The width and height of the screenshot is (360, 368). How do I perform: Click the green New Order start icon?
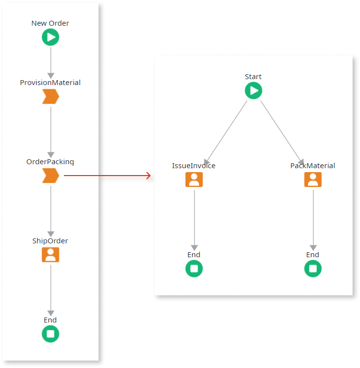50,37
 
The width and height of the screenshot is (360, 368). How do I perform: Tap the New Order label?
50,23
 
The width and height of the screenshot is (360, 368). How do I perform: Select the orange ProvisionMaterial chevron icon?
50,96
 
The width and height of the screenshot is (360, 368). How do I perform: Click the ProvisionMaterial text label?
50,83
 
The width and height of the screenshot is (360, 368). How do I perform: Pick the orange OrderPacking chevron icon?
50,175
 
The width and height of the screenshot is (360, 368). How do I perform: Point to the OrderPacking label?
50,162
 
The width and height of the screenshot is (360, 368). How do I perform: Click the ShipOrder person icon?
50,254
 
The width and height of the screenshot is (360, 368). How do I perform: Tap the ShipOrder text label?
50,241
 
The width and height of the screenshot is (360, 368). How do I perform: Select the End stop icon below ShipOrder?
50,334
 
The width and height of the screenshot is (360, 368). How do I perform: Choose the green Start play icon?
253,91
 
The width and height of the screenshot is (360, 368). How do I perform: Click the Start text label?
253,77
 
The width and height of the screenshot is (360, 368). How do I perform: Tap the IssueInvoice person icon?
194,180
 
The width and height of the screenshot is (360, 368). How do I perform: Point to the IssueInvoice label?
194,166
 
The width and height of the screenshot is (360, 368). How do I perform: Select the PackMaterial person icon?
312,180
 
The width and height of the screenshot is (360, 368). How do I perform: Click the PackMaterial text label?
312,166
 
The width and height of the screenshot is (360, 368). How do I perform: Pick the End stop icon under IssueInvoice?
194,269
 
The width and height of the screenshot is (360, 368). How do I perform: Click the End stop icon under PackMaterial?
312,269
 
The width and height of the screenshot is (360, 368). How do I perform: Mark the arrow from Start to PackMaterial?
283,132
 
